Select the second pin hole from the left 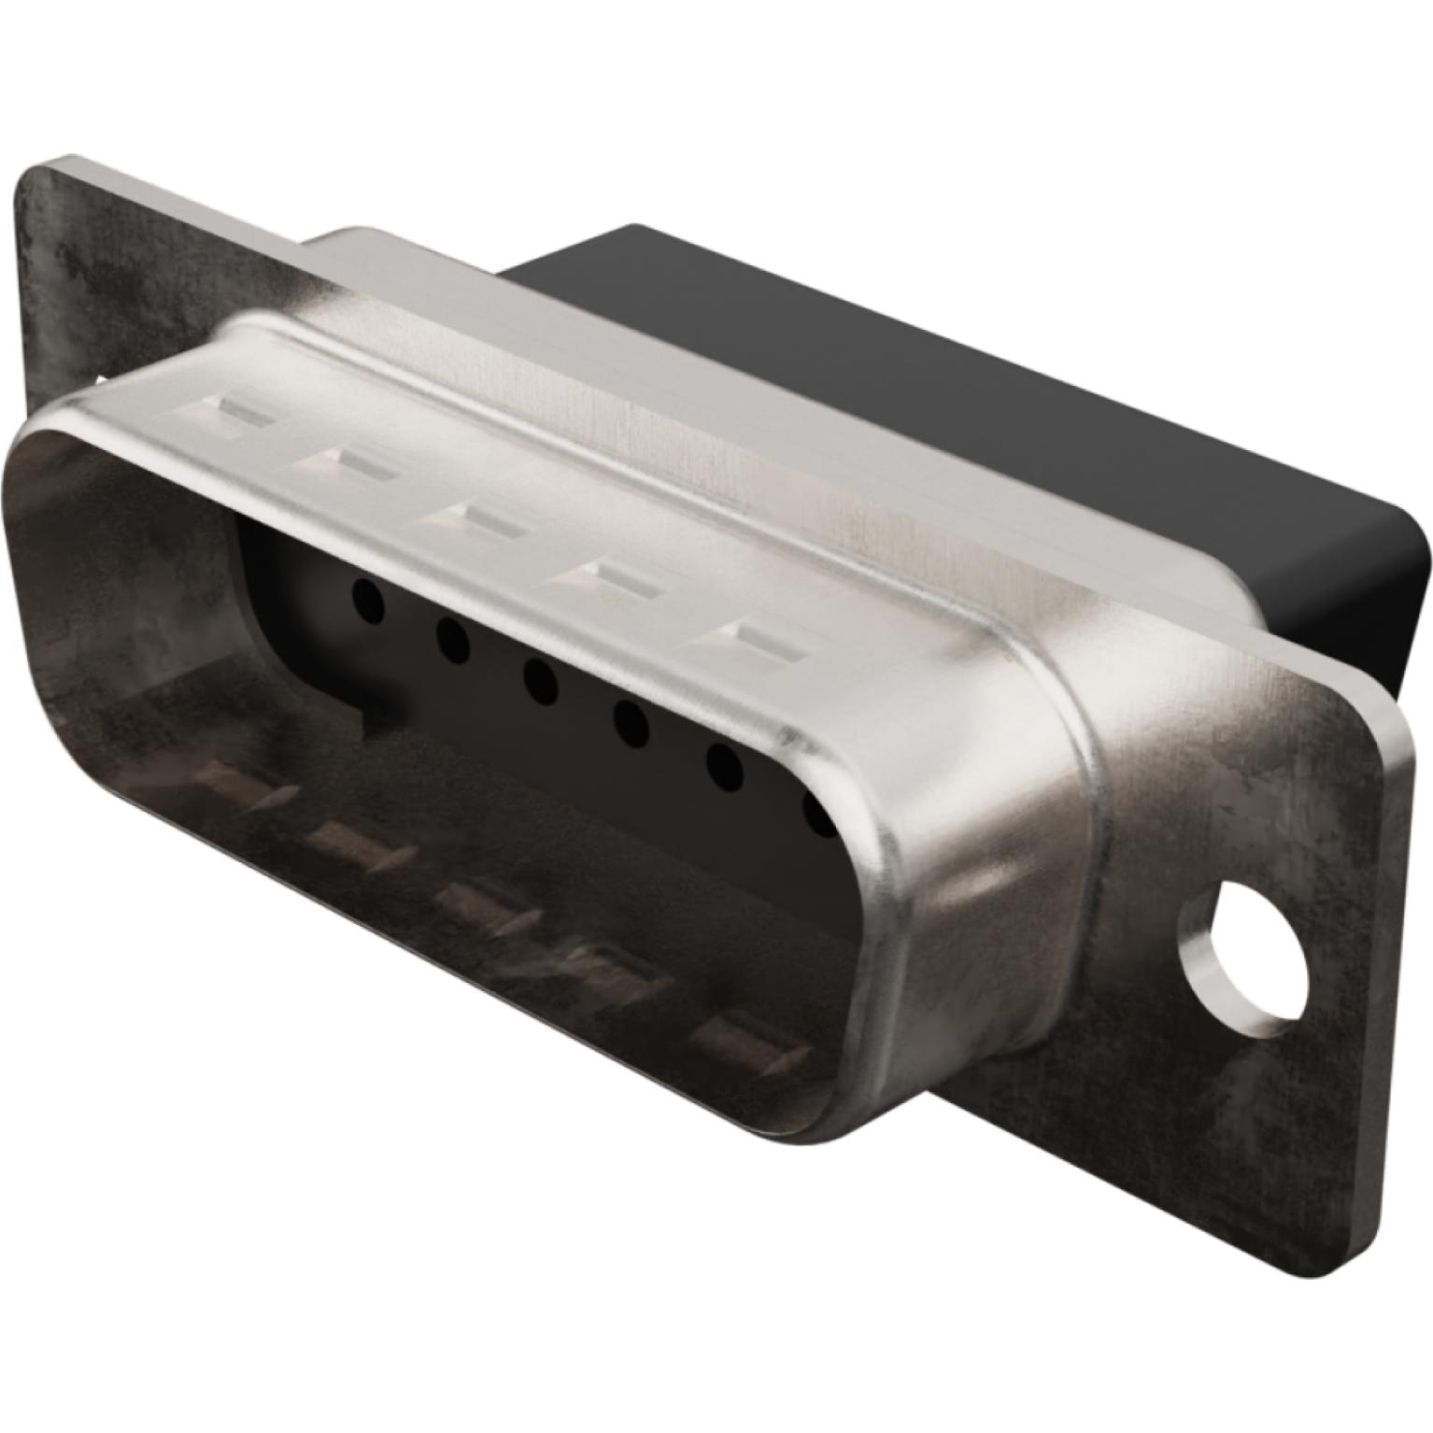[x=452, y=642]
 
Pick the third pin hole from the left [x=540, y=682]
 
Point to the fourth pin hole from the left [x=631, y=723]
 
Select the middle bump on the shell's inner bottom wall [x=486, y=901]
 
